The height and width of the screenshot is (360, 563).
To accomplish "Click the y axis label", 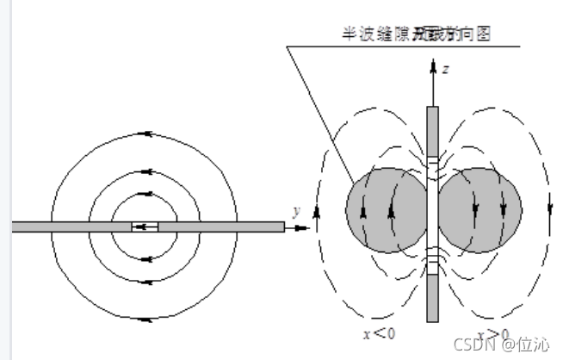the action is [x=296, y=211].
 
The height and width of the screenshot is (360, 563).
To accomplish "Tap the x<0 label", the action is [x=379, y=334].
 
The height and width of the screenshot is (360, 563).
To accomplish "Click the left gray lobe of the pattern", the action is [x=386, y=210].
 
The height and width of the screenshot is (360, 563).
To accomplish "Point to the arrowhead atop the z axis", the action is [x=433, y=66].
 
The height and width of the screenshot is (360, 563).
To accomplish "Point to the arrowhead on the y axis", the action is [x=304, y=227].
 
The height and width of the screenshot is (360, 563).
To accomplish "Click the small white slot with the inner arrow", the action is [x=145, y=227].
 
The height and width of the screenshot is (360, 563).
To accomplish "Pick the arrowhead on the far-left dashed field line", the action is [x=318, y=209].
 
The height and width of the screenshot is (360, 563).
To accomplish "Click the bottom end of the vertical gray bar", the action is [x=433, y=319].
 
